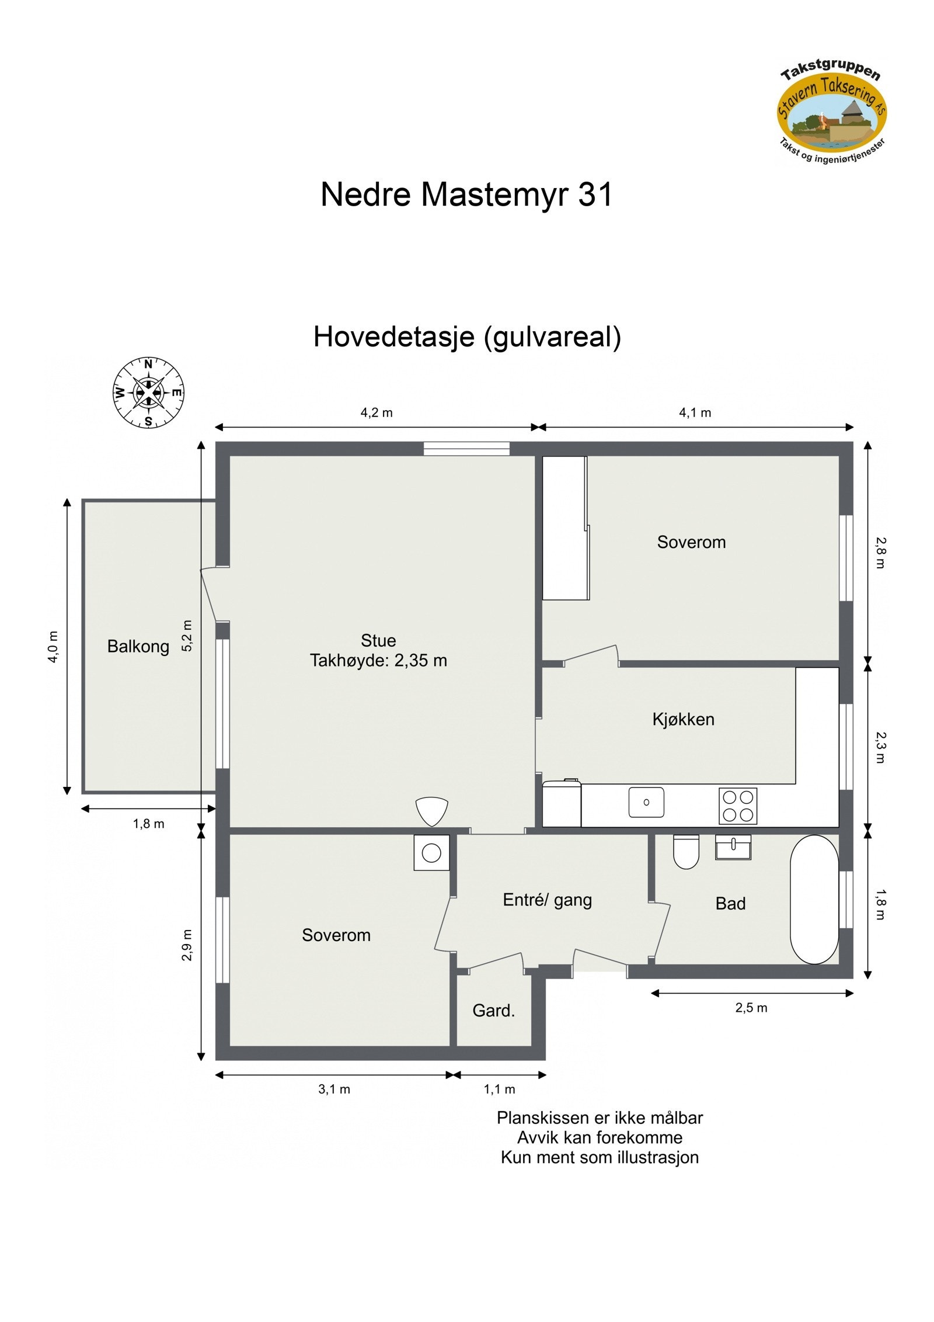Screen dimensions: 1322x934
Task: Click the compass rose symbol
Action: [x=148, y=393]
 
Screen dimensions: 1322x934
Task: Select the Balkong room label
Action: [x=138, y=646]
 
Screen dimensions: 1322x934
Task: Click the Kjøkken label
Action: [x=683, y=719]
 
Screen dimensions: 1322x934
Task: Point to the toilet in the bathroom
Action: [x=686, y=851]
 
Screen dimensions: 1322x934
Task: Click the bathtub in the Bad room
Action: [x=814, y=899]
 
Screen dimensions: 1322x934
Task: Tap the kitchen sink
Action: [x=646, y=802]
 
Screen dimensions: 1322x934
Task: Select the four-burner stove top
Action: [x=737, y=806]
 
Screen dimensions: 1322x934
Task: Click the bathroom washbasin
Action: [x=733, y=846]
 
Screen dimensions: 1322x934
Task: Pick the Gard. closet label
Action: [x=493, y=1011]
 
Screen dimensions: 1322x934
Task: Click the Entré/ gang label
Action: [x=547, y=900]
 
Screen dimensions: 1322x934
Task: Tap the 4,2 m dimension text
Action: [x=377, y=413]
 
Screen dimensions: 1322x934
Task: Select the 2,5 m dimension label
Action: [x=751, y=1008]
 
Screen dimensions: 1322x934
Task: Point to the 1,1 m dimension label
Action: [x=499, y=1089]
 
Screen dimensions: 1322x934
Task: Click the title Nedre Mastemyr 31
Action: [x=466, y=194]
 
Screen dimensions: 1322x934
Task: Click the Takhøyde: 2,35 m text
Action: [x=378, y=661]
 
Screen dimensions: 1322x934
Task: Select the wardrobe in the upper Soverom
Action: [x=564, y=528]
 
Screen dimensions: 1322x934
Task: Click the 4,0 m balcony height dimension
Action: [x=53, y=646]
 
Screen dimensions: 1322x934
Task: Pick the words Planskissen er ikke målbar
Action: [x=600, y=1118]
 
